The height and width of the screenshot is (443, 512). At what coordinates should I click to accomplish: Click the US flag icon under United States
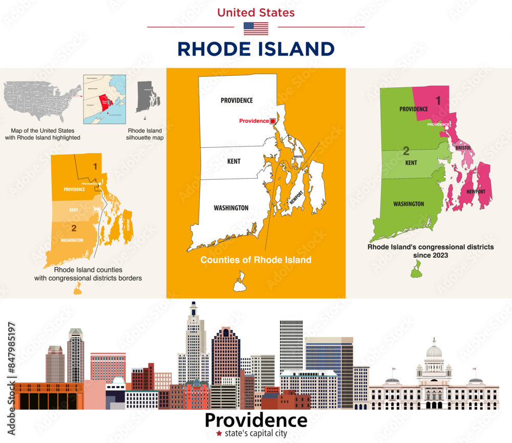255,29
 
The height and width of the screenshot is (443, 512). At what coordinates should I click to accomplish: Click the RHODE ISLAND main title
255,49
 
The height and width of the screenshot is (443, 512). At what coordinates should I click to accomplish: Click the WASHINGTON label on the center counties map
231,208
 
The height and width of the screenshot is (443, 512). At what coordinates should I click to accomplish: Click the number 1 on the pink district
438,101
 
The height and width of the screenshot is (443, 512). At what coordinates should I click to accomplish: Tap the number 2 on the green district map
406,151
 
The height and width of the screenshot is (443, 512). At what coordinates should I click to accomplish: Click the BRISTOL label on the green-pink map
463,147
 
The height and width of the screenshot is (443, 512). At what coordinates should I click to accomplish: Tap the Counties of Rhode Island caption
255,260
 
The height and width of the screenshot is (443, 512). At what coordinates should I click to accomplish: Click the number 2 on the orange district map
74,228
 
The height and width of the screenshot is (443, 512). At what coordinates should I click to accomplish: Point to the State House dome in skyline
434,351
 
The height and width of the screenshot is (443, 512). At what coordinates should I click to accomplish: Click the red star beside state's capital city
219,433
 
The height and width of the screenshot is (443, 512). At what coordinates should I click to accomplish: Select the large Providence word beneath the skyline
255,420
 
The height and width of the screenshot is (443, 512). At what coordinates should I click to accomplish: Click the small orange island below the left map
77,290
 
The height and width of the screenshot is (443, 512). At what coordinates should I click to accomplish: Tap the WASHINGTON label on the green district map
409,204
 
